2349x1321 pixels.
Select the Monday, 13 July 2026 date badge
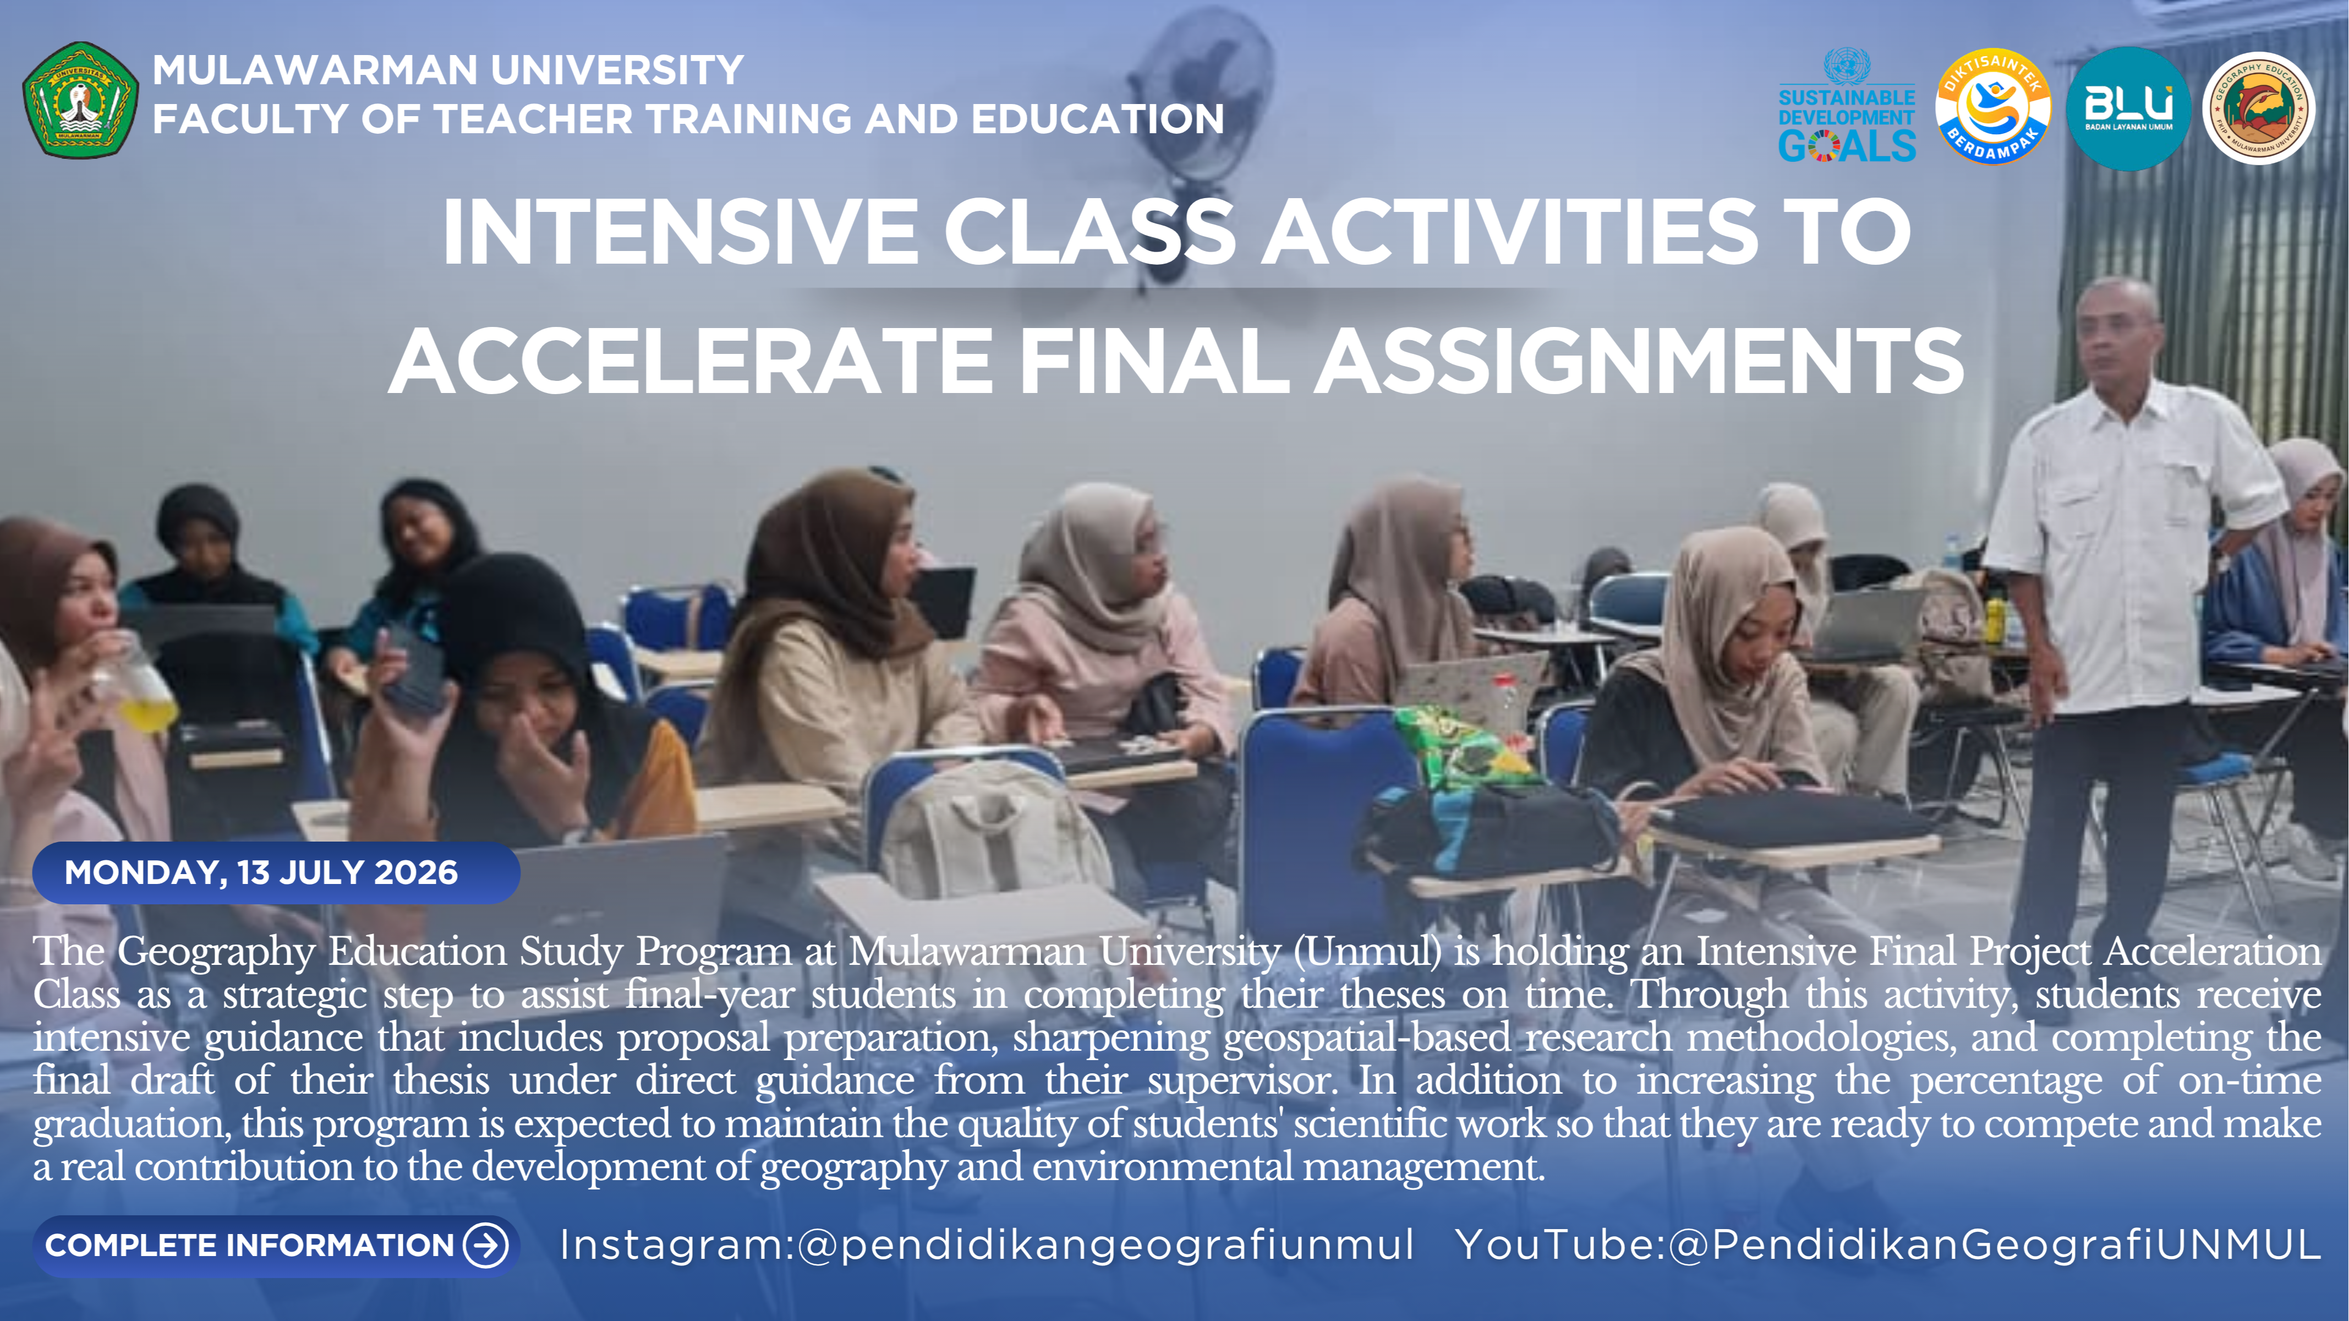276,872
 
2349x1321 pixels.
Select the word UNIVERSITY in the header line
617,70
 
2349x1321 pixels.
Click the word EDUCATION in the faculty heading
1097,119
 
